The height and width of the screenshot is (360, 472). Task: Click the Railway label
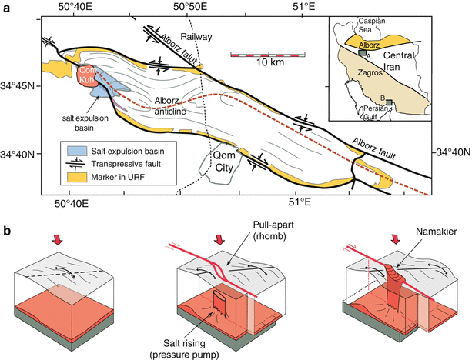(x=196, y=36)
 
